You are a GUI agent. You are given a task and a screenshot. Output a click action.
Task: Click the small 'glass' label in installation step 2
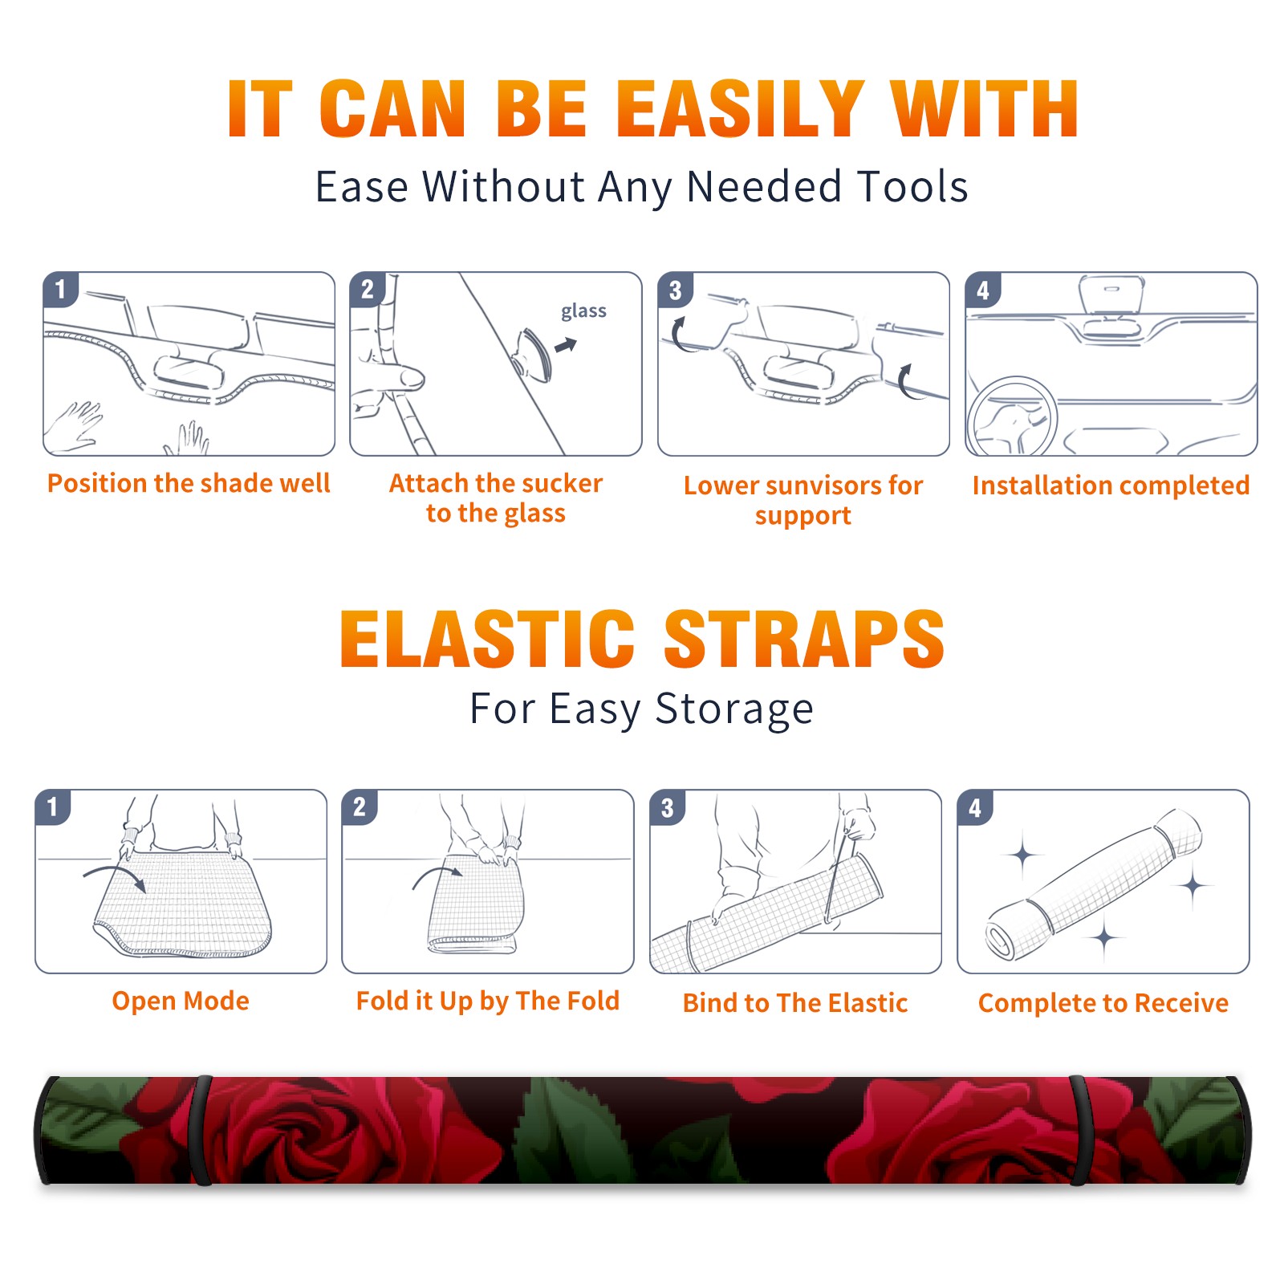tap(583, 311)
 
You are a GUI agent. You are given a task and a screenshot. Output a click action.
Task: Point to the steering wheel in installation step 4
tap(1012, 417)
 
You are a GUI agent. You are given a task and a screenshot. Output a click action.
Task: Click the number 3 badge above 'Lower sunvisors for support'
tap(674, 290)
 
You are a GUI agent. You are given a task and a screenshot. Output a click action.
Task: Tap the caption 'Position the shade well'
tap(189, 483)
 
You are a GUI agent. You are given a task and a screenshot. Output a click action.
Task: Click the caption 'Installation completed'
tap(1111, 485)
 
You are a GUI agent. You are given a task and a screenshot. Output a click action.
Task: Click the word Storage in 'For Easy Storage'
tap(734, 709)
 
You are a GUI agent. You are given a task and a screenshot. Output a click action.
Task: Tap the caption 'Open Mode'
tap(181, 1001)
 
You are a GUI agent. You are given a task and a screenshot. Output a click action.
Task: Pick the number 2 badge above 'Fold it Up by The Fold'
tap(359, 807)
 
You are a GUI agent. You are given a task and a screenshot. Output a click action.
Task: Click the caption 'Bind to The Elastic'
tap(795, 1002)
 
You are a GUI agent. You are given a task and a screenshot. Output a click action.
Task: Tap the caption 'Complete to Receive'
tap(1103, 1003)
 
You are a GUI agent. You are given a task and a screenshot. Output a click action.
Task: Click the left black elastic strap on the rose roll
tap(202, 1130)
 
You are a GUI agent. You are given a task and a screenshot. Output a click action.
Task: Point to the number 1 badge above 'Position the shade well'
tap(60, 290)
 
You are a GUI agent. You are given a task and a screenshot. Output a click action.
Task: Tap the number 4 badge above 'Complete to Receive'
tap(974, 807)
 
